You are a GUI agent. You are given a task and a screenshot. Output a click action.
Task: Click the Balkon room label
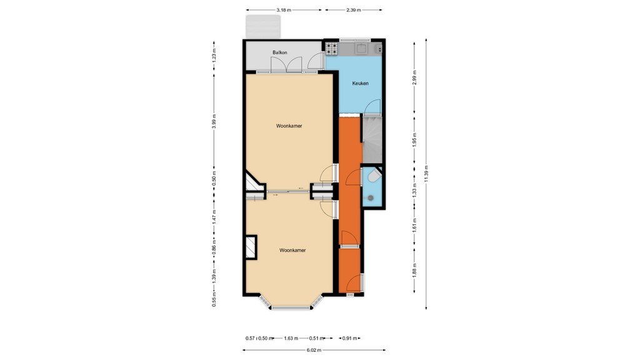click(279, 52)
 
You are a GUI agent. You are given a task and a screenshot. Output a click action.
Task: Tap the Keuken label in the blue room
click(360, 83)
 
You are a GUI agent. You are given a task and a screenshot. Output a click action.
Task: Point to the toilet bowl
click(372, 178)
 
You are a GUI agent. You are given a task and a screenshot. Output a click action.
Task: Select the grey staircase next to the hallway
click(373, 139)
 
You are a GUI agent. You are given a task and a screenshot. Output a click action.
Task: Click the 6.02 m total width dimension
click(314, 350)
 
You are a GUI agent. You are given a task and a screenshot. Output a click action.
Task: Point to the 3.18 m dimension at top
click(284, 10)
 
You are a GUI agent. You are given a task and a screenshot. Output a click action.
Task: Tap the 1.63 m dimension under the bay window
click(291, 338)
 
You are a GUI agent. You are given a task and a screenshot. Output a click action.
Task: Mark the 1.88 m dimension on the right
click(414, 269)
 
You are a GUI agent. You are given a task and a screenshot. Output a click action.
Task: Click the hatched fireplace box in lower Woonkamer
click(251, 246)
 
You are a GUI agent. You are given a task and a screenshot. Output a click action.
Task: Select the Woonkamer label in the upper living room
click(289, 126)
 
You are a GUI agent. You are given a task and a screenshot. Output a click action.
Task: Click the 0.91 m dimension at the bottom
click(350, 338)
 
